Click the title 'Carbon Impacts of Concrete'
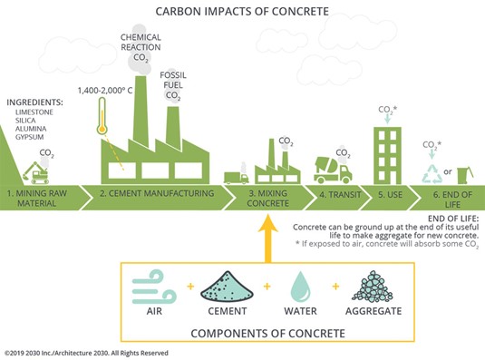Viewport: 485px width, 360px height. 242,12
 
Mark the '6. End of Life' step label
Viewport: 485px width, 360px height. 444,199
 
